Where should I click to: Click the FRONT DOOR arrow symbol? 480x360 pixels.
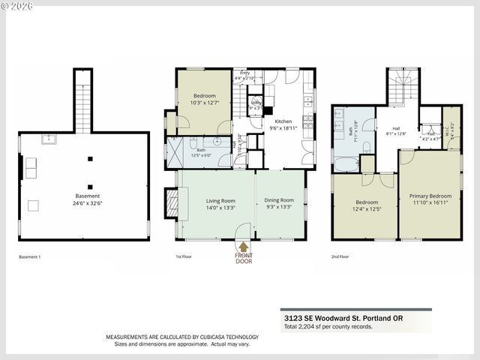click(x=243, y=245)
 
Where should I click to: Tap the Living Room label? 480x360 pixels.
click(x=220, y=201)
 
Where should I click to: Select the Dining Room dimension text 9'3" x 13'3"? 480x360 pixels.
click(x=280, y=207)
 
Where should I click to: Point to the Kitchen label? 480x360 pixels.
click(x=283, y=121)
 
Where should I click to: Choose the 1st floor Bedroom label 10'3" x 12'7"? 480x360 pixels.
click(x=204, y=103)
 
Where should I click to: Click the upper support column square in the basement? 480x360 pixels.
click(x=90, y=158)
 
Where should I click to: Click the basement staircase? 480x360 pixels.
click(x=82, y=101)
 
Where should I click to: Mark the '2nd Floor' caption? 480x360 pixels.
click(x=340, y=257)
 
